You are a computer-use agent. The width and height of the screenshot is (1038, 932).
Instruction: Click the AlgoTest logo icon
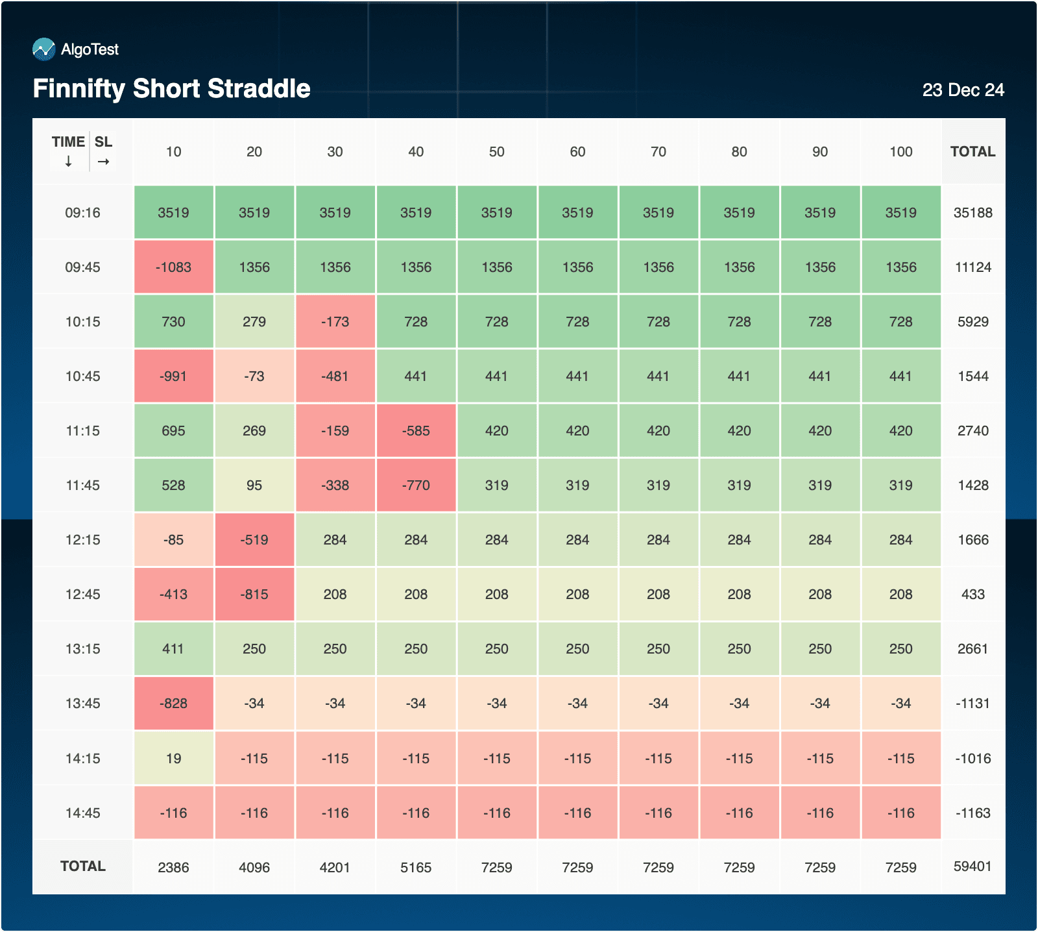tap(44, 49)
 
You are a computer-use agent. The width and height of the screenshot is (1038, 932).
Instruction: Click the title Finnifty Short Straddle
tap(172, 89)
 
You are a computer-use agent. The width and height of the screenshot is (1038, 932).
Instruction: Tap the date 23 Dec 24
tap(963, 90)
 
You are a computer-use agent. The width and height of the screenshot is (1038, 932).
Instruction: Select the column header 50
tap(497, 152)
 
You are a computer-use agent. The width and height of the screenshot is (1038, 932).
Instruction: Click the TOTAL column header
tap(972, 152)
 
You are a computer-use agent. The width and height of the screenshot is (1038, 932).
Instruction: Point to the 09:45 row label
tap(83, 267)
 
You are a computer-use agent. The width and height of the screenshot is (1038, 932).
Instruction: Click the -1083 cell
tap(173, 267)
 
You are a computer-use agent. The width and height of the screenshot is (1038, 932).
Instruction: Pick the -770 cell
tap(416, 485)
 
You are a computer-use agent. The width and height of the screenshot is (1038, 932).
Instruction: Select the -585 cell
tap(416, 431)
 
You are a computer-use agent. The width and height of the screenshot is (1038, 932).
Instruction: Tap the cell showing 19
tap(173, 759)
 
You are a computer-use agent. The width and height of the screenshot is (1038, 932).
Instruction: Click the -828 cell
tap(173, 704)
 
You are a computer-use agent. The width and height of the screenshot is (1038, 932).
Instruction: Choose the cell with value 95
tap(254, 485)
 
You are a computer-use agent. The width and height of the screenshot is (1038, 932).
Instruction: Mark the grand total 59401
tap(972, 866)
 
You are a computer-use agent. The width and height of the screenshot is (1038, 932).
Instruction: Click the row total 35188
tap(972, 213)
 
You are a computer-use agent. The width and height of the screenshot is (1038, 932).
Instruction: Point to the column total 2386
tap(173, 868)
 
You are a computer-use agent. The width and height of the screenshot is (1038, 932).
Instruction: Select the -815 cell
tap(254, 595)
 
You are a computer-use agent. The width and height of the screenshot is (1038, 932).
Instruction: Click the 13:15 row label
tap(83, 649)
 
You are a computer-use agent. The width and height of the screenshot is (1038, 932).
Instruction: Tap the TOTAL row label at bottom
tap(83, 866)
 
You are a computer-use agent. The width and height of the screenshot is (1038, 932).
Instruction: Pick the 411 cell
tap(173, 649)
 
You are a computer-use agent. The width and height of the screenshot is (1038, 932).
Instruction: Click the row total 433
tap(972, 595)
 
